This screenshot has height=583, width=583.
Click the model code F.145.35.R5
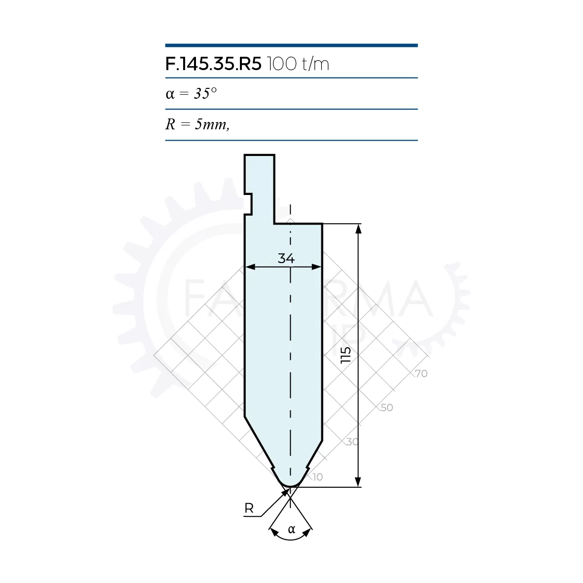[x=213, y=64]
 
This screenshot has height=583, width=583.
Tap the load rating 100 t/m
[x=298, y=64]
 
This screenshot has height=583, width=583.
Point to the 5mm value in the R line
[x=212, y=124]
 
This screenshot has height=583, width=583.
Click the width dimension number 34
[x=286, y=258]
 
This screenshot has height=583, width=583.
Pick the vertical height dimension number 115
[x=346, y=355]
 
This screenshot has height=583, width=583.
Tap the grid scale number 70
[x=421, y=373]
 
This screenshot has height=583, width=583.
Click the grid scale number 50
[x=387, y=407]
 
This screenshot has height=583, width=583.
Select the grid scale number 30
[x=352, y=442]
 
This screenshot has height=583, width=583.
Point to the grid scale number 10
[x=317, y=477]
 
